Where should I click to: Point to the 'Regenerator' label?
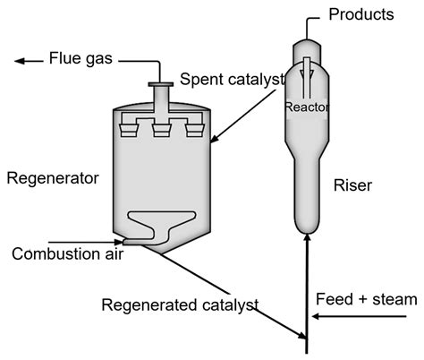coord(52,178)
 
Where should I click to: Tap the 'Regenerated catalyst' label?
coord(180,304)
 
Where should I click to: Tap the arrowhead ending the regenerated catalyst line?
coord(301,337)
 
